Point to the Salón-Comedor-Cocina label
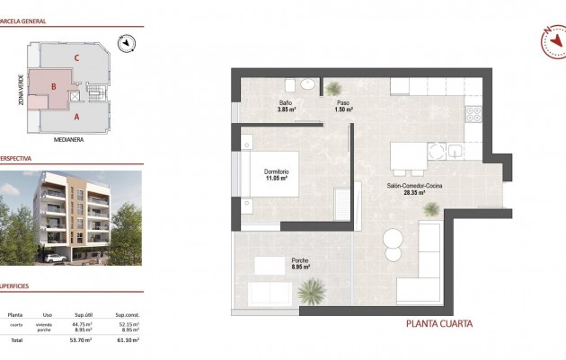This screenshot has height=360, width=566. point(415,188)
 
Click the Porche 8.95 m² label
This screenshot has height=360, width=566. point(300,263)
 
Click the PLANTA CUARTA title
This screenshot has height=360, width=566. point(438,324)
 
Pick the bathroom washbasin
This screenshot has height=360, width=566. point(307,85)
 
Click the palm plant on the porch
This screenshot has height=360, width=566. point(313,290)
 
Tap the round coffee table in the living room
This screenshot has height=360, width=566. point(393,238)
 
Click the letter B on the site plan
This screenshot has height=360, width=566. point(55,87)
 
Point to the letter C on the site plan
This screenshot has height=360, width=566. point(78,58)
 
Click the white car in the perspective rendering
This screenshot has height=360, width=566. point(54,257)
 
